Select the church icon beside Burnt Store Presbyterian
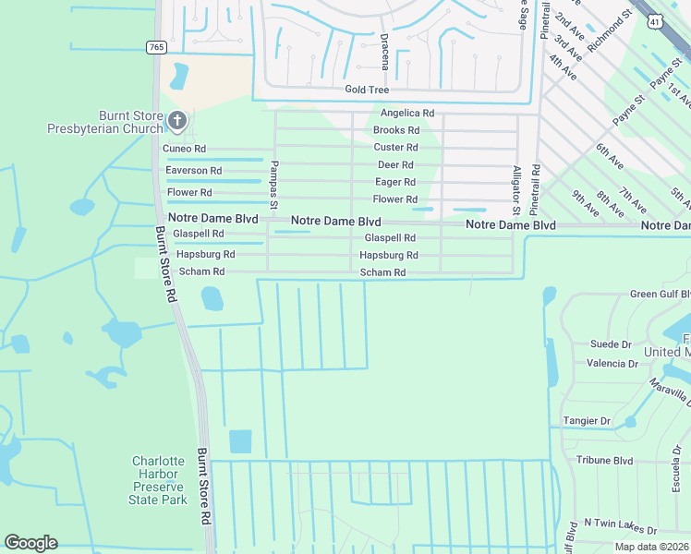coord(177,120)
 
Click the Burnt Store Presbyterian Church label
coord(104,122)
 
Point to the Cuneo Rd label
coord(184,149)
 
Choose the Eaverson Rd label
coord(193,171)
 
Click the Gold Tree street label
coord(367,90)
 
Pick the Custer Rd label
coord(395,148)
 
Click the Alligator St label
coord(516,190)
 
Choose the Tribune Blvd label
coord(604,460)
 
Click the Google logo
coord(30,543)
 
